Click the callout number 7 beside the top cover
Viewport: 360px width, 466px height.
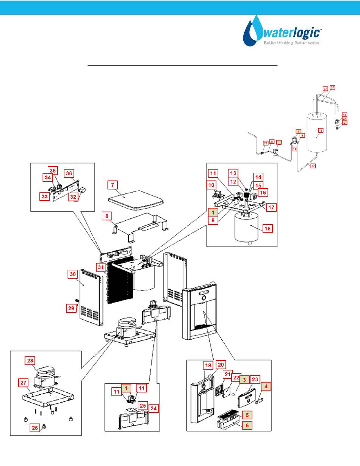pyautogui.click(x=113, y=185)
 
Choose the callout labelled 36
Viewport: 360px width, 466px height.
pyautogui.click(x=69, y=173)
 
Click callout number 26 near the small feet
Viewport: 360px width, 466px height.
pyautogui.click(x=34, y=428)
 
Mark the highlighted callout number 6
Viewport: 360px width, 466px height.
pyautogui.click(x=247, y=425)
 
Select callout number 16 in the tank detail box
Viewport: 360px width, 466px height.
pyautogui.click(x=263, y=193)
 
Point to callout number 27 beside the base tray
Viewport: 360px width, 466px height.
pyautogui.click(x=23, y=383)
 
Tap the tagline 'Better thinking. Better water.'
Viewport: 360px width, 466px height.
pyautogui.click(x=292, y=43)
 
